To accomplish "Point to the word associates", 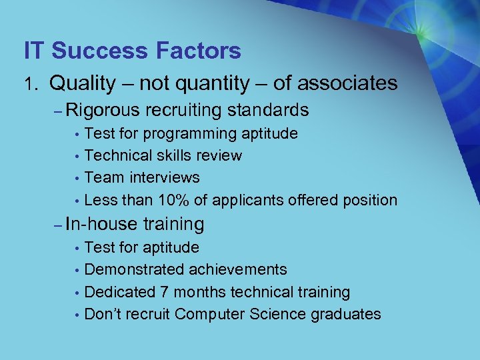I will pos(347,83).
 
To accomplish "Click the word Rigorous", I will pos(103,110).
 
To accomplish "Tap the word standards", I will pos(268,110).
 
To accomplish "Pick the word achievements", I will pos(238,270).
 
